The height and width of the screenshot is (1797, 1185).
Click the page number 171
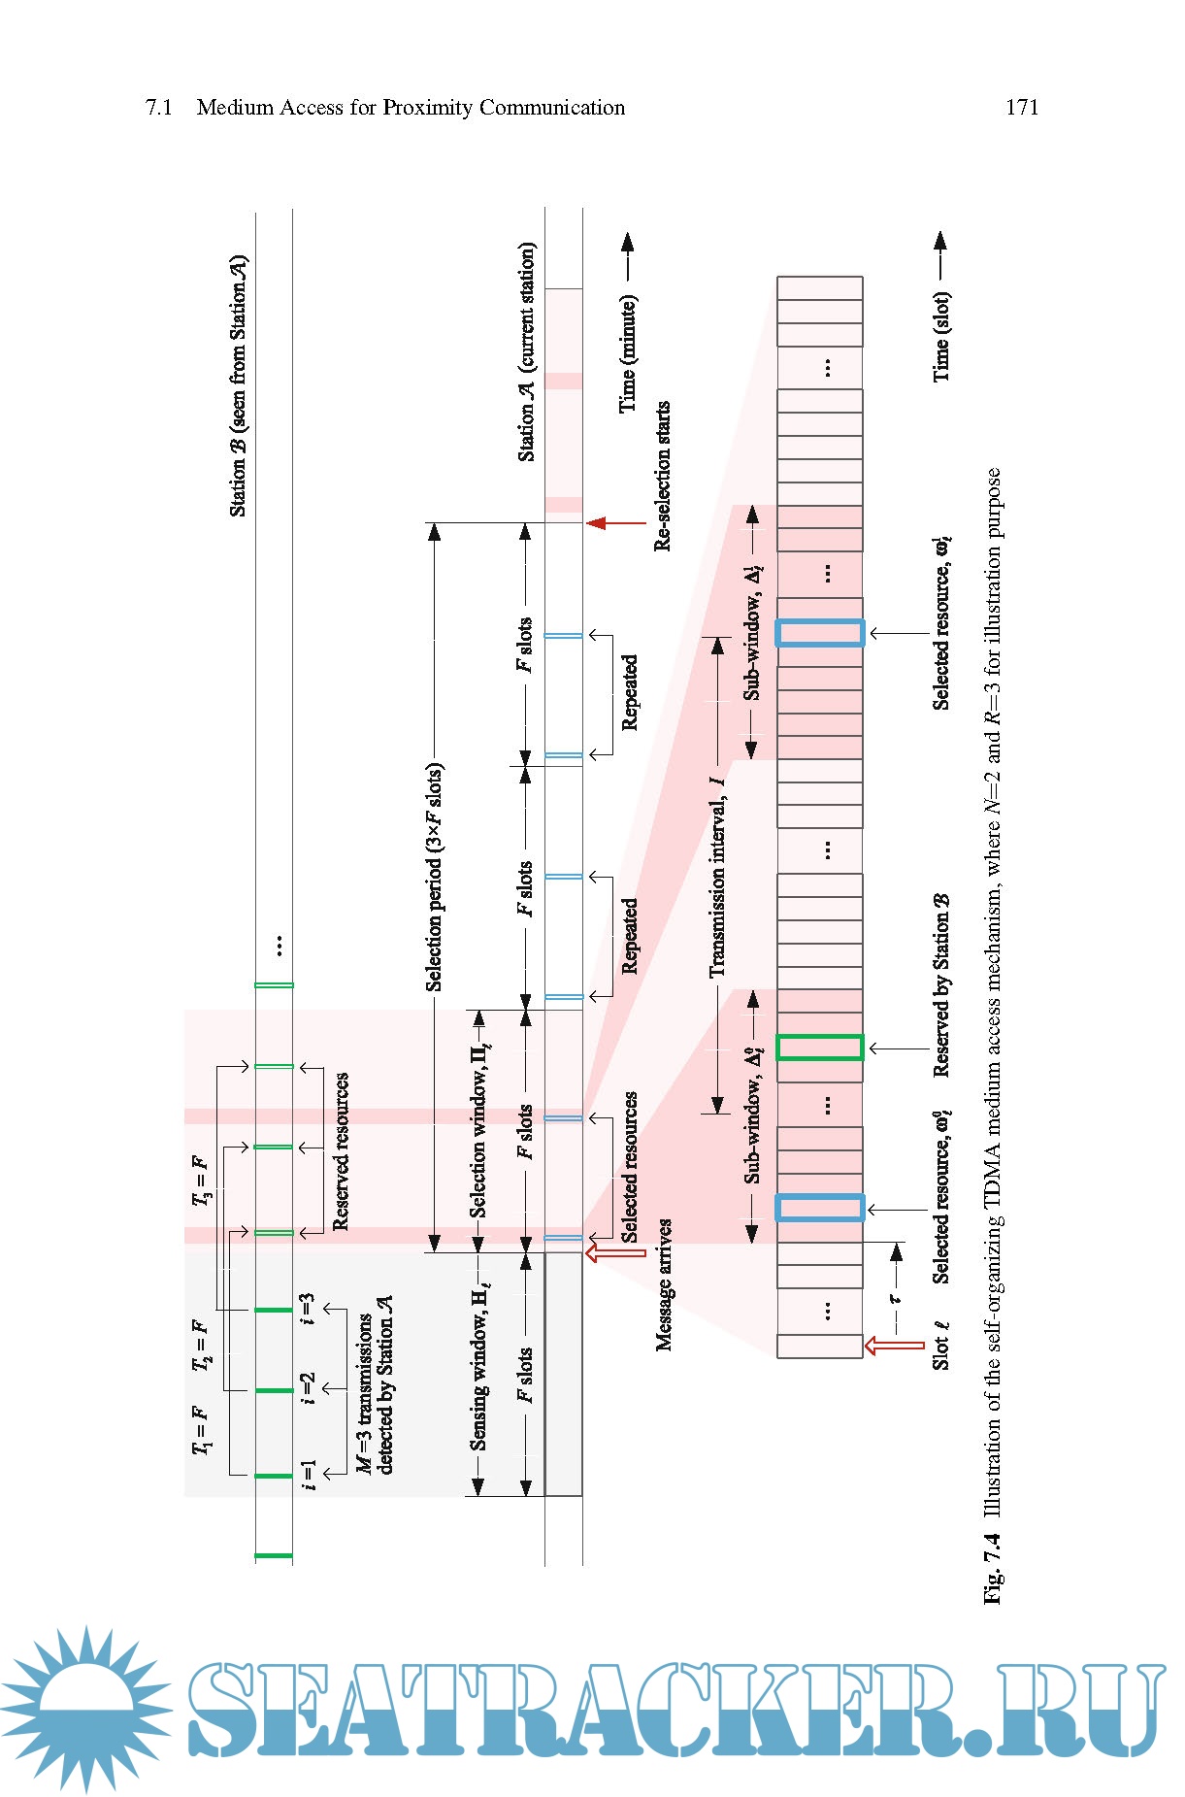1021,108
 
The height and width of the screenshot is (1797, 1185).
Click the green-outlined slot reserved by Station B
819,1048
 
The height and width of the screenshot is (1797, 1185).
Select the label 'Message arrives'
665,1284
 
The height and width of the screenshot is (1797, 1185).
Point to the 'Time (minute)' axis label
628,354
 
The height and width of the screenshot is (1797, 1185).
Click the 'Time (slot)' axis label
940,336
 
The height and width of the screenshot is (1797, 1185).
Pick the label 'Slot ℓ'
940,1345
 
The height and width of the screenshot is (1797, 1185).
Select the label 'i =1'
308,1474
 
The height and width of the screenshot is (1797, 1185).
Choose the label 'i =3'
308,1309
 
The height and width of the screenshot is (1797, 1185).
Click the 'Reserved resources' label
341,1151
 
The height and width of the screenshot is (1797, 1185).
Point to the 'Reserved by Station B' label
940,984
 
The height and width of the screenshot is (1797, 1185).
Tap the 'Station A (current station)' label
526,351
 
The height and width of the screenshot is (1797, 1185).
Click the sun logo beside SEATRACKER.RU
85,1710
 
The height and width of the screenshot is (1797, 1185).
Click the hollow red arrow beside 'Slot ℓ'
894,1345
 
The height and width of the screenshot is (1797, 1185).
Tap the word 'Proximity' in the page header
428,108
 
